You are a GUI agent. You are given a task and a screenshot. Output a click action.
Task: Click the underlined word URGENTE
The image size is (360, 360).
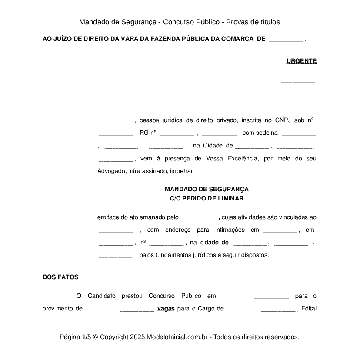coord(301,61)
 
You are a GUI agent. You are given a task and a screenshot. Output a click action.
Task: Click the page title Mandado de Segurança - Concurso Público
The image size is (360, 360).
coord(180,22)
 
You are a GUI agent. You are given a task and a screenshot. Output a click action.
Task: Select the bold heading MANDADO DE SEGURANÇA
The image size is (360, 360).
coord(207,190)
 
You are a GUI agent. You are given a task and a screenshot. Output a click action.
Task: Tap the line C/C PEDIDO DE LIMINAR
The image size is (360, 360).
coord(207,198)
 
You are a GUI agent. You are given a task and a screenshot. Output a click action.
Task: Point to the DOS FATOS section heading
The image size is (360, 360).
coord(60,277)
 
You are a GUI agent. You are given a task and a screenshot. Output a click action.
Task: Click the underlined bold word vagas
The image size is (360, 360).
coord(166,309)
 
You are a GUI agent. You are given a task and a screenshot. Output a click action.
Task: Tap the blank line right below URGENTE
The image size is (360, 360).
coord(298,81)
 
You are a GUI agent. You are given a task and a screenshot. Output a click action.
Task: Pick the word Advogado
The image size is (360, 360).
coord(112,171)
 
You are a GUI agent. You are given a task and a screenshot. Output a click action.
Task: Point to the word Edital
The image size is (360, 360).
coord(308,309)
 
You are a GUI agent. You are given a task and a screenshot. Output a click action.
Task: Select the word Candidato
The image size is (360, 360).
coord(102,296)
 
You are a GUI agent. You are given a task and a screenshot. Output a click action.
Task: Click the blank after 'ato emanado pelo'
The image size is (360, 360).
coord(200,218)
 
